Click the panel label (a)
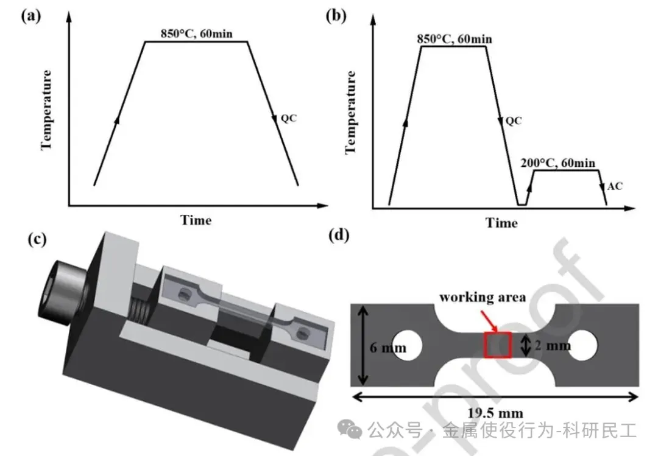pyautogui.click(x=30, y=16)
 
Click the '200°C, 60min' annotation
pyautogui.click(x=559, y=163)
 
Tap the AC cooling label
pyautogui.click(x=615, y=186)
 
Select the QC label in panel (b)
pyautogui.click(x=514, y=121)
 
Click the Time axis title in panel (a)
pyautogui.click(x=196, y=220)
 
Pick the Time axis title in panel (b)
pyautogui.click(x=501, y=223)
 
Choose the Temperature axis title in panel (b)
pyautogui.click(x=351, y=113)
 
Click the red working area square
pyautogui.click(x=497, y=345)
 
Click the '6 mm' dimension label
pyautogui.click(x=388, y=348)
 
